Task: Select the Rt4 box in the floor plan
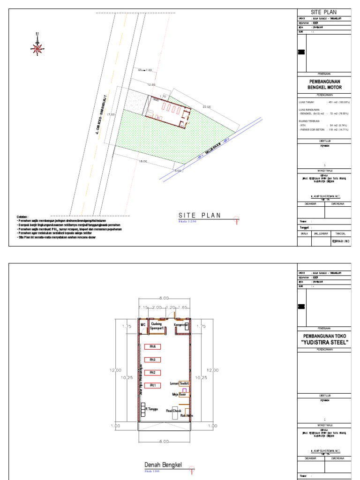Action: [152, 346]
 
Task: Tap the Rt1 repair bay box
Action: [152, 385]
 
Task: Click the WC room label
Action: [143, 324]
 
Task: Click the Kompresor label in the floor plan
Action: [181, 324]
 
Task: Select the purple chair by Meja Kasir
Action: [184, 390]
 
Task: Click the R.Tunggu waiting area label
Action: [153, 409]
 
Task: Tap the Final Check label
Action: [173, 411]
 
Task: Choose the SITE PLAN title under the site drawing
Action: [199, 216]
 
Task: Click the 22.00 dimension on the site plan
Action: [206, 106]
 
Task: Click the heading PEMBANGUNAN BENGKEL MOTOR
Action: [324, 84]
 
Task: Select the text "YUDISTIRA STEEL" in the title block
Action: [324, 343]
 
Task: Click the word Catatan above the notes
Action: [23, 217]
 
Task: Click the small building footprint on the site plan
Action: [169, 111]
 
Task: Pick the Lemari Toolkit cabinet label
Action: [180, 383]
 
